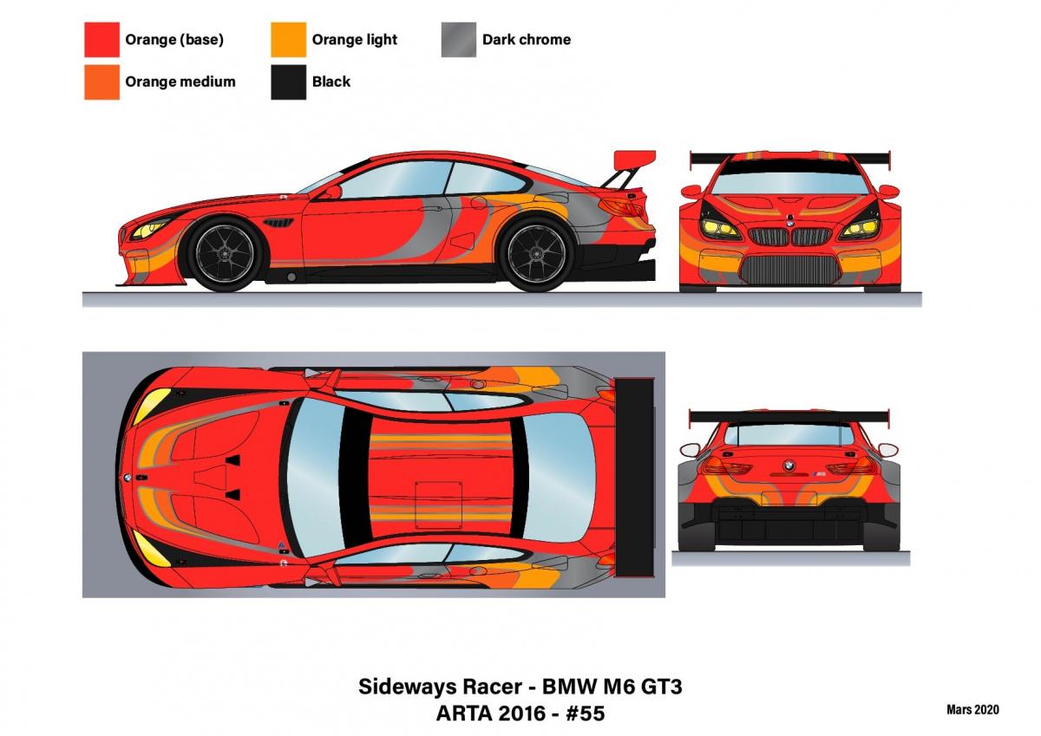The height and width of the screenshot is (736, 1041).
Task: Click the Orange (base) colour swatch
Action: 101,40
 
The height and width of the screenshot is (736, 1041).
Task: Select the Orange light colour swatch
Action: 289,40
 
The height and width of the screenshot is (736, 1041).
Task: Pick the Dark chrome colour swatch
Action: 459,40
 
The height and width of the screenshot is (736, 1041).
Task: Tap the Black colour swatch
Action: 289,82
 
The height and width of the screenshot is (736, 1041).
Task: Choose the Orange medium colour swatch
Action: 101,82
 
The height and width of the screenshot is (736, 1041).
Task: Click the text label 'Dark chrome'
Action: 527,40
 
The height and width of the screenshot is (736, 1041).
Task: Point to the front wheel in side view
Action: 226,253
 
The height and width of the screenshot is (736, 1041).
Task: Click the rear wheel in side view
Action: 537,253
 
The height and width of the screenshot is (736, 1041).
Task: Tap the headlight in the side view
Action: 150,229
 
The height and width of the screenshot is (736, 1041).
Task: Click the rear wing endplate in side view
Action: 635,160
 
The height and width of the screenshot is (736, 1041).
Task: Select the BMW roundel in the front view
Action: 789,223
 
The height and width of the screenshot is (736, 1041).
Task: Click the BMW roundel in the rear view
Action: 789,465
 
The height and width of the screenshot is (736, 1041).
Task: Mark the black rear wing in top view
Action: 634,478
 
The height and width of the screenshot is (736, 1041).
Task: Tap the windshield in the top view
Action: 315,477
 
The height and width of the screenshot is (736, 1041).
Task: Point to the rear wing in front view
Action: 790,159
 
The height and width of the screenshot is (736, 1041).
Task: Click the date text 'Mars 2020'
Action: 972,709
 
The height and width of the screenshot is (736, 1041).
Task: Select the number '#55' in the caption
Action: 585,713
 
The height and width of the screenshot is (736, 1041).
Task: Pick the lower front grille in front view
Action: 790,270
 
